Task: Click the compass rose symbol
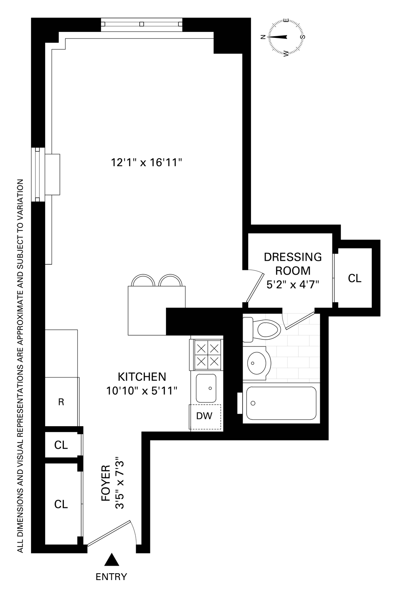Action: pyautogui.click(x=286, y=37)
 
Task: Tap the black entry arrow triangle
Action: pyautogui.click(x=112, y=560)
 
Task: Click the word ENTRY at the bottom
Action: pyautogui.click(x=111, y=576)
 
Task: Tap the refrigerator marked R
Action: pyautogui.click(x=61, y=401)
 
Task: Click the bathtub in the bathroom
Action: pyautogui.click(x=281, y=403)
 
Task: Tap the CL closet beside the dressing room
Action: pyautogui.click(x=354, y=278)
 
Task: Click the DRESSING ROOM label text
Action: pyautogui.click(x=293, y=264)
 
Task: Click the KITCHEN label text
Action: pyautogui.click(x=142, y=376)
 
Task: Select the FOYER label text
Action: pyautogui.click(x=106, y=484)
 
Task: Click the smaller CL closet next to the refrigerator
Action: pyautogui.click(x=61, y=445)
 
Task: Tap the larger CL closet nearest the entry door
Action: pyautogui.click(x=61, y=504)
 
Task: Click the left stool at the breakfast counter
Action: pyautogui.click(x=143, y=280)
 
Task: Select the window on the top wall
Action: pyautogui.click(x=141, y=24)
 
